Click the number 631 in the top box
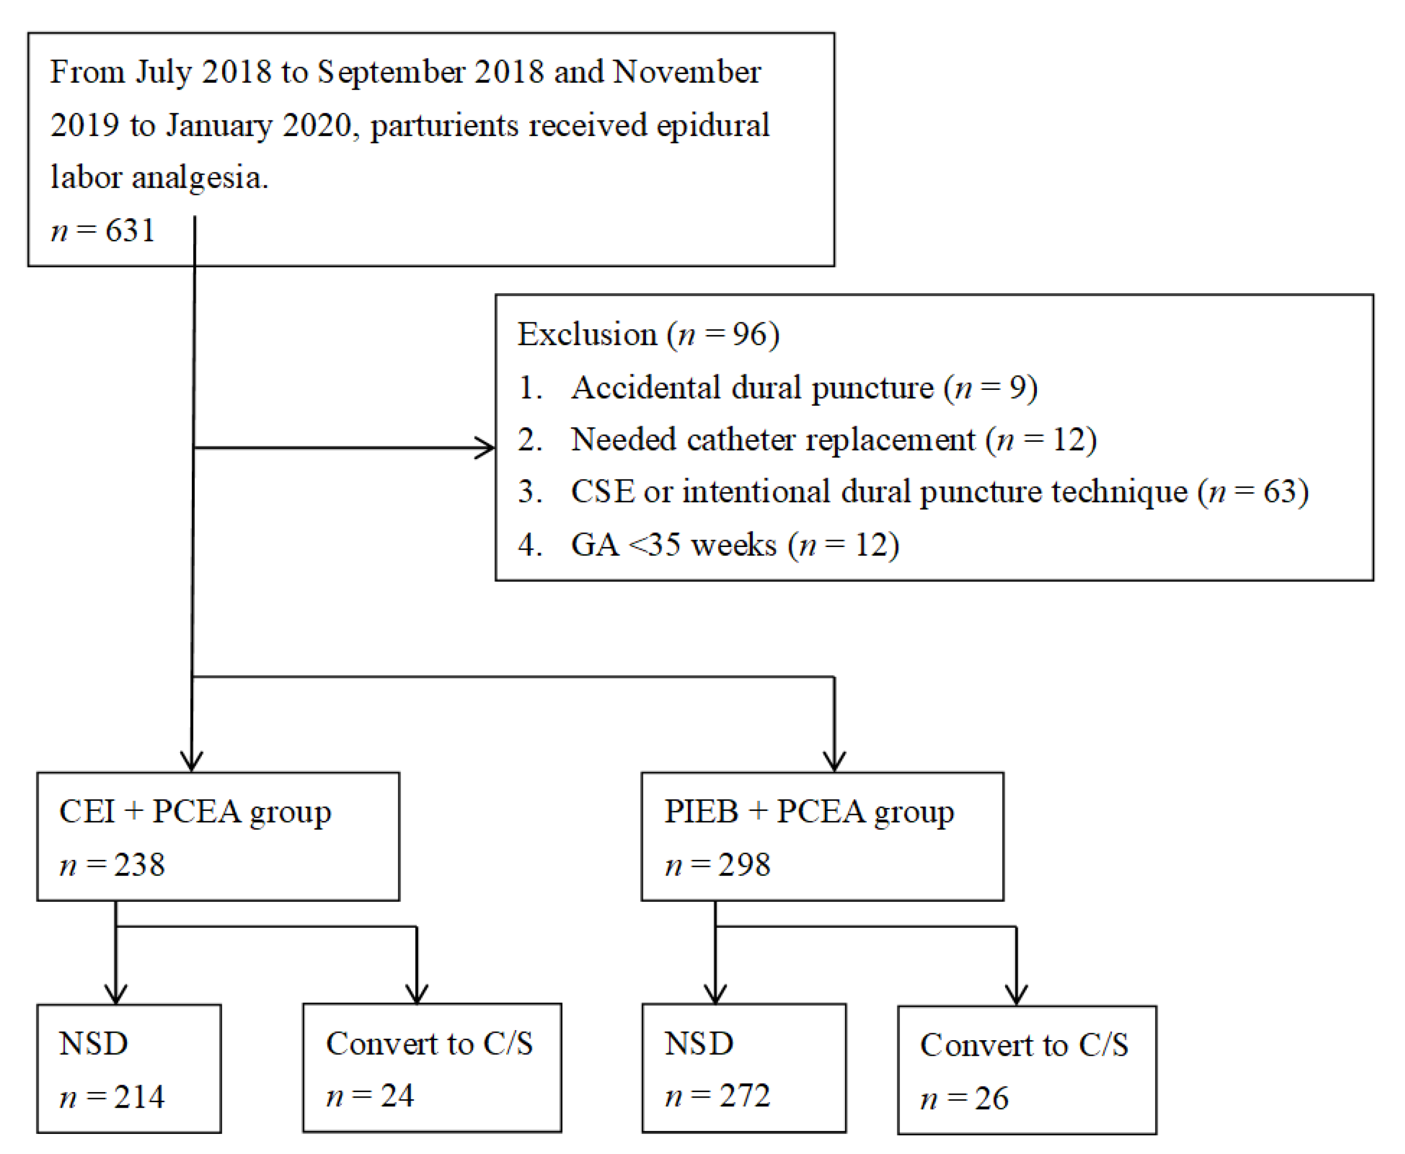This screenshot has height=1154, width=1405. point(130,231)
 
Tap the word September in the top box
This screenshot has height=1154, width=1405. point(391,73)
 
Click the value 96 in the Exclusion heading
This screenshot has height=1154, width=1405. point(749,334)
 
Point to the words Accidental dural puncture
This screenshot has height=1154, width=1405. point(752,387)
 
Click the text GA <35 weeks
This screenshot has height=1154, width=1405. point(673,545)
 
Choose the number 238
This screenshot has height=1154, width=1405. point(139,865)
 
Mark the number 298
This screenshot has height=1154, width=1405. point(744,865)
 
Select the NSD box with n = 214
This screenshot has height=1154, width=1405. point(129,1069)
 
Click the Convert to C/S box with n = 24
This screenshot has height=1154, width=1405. point(432,1068)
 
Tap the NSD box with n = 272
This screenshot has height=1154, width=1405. point(744,1068)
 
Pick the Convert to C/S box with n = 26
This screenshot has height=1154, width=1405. point(1026,1070)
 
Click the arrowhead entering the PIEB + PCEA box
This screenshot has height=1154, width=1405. point(834,761)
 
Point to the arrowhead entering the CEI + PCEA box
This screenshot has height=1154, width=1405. point(192,761)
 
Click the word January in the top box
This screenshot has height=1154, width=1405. point(220,125)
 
